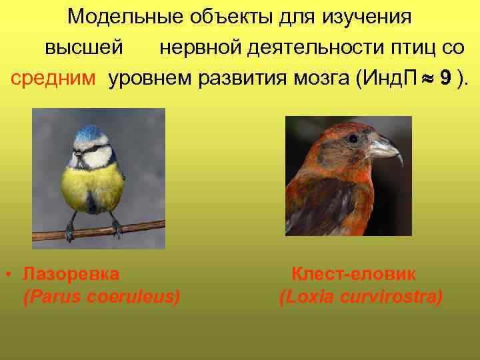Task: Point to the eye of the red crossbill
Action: point(353,139)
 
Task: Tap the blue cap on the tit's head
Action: point(92,133)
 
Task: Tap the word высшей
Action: point(83,48)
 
